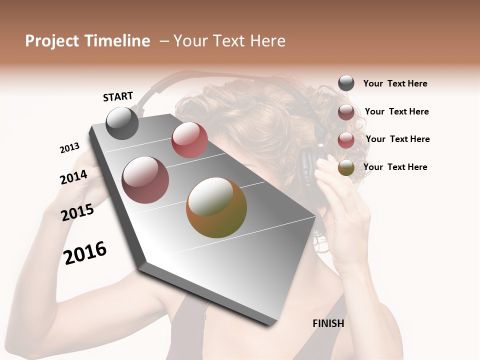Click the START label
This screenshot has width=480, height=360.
(x=118, y=96)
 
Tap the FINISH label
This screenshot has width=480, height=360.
(x=328, y=323)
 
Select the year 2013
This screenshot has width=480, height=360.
(x=69, y=148)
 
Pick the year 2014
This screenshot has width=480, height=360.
(x=73, y=177)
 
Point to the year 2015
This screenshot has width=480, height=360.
(x=77, y=212)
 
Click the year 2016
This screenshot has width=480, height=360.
(x=85, y=252)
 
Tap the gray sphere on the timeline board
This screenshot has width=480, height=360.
(x=122, y=123)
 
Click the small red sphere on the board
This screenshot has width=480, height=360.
(x=189, y=139)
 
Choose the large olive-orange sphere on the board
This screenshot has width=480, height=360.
(x=216, y=207)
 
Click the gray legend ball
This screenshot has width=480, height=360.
(x=346, y=83)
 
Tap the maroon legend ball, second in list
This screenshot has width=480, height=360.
(x=346, y=112)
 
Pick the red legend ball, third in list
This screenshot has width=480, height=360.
(x=346, y=140)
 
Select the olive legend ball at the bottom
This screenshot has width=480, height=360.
(x=346, y=168)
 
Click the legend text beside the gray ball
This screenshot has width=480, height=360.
(x=395, y=83)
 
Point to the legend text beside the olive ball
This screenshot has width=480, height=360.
(x=395, y=167)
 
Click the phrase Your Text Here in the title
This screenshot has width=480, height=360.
(x=229, y=41)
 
